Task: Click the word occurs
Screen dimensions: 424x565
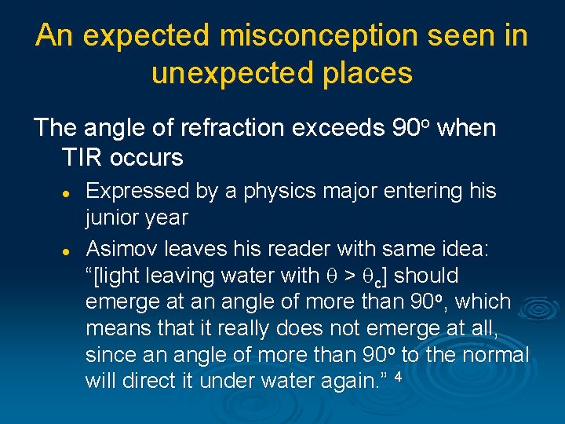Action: coord(147,157)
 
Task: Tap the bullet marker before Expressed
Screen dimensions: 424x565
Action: coord(68,192)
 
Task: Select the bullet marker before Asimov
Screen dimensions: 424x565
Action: coord(68,250)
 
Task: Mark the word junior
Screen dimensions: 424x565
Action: coord(111,217)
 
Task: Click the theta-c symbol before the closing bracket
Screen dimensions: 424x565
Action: coord(380,277)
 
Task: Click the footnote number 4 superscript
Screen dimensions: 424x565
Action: coord(399,378)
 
